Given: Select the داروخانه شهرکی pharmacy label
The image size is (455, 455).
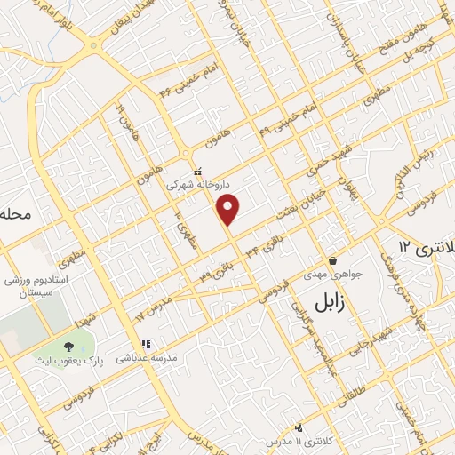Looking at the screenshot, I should click(198, 185).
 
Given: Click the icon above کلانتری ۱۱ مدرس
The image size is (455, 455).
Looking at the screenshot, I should click(299, 427).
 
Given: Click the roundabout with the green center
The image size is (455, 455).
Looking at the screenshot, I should click(94, 44).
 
